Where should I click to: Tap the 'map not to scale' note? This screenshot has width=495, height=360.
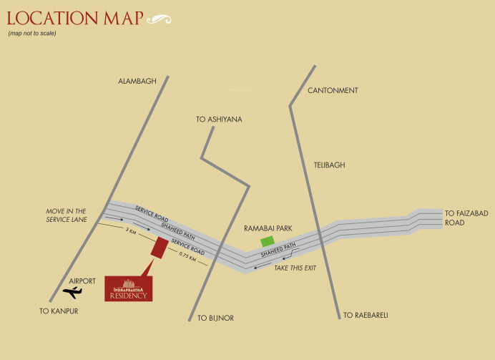[x=32, y=34]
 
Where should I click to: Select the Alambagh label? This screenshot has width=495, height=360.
[x=137, y=82]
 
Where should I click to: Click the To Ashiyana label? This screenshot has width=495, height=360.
[x=220, y=120]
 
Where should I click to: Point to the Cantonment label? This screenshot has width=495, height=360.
[x=333, y=91]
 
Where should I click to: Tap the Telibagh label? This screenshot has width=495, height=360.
[x=329, y=165]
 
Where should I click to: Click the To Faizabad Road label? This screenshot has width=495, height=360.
[x=465, y=218]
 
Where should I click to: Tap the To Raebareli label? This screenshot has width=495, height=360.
[x=365, y=315]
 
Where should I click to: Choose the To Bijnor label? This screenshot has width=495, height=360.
[x=216, y=318]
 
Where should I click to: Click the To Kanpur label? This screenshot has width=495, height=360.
[x=59, y=311]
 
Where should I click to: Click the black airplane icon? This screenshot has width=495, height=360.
[x=72, y=292]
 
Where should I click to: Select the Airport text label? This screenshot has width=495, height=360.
[x=82, y=281]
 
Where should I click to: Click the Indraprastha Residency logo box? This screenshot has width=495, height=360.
[x=127, y=288]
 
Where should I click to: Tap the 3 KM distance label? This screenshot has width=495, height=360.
[x=131, y=231]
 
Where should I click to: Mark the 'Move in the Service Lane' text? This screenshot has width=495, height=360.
[x=67, y=215]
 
